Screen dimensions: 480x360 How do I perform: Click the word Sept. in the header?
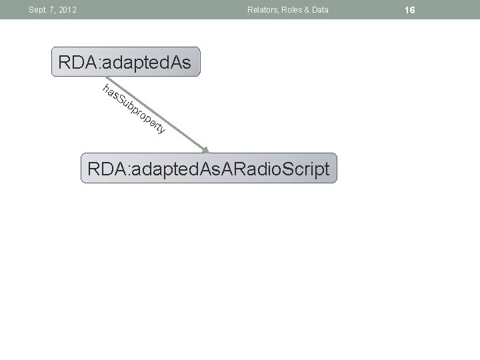36,10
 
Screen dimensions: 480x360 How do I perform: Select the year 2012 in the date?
67,10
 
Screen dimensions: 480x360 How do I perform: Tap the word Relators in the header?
262,10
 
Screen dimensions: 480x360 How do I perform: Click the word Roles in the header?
293,10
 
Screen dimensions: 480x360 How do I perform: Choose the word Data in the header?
321,10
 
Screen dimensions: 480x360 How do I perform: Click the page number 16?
409,10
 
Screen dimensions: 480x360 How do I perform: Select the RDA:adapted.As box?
125,63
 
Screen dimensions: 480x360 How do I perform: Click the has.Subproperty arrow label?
133,109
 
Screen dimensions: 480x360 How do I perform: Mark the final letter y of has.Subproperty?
161,129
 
